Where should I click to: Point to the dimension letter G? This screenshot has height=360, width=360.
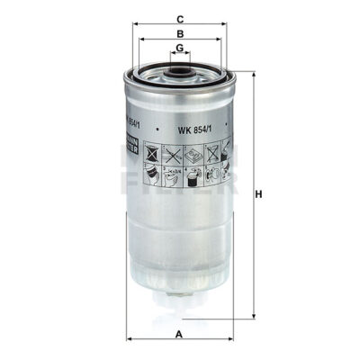point(181,49)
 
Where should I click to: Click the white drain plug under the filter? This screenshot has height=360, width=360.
point(181,311)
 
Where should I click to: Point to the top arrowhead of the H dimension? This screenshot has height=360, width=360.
point(251,72)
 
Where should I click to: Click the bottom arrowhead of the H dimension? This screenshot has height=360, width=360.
point(251,319)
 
